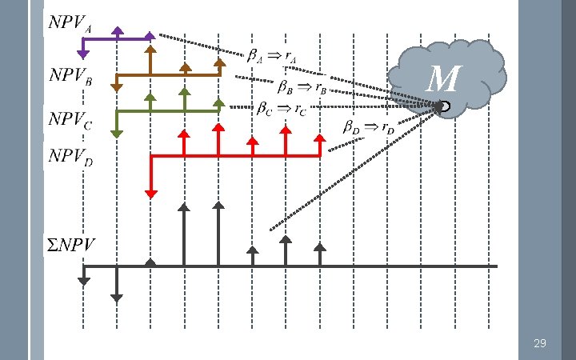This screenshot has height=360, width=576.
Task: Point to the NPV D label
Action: click(70, 157)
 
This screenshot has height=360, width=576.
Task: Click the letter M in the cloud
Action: click(444, 78)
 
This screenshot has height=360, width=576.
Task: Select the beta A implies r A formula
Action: click(271, 58)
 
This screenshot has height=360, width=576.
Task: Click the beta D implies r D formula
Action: click(368, 126)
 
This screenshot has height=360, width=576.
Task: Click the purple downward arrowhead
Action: click(82, 54)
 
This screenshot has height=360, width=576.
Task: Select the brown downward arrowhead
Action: click(117, 87)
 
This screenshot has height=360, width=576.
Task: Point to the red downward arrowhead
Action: click(150, 193)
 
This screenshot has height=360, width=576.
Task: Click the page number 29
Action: click(540, 343)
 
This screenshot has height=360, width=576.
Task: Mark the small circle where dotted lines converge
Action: click(444, 106)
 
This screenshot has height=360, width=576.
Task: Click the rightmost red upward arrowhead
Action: click(321, 137)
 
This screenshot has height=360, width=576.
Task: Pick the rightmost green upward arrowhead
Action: click(219, 102)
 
